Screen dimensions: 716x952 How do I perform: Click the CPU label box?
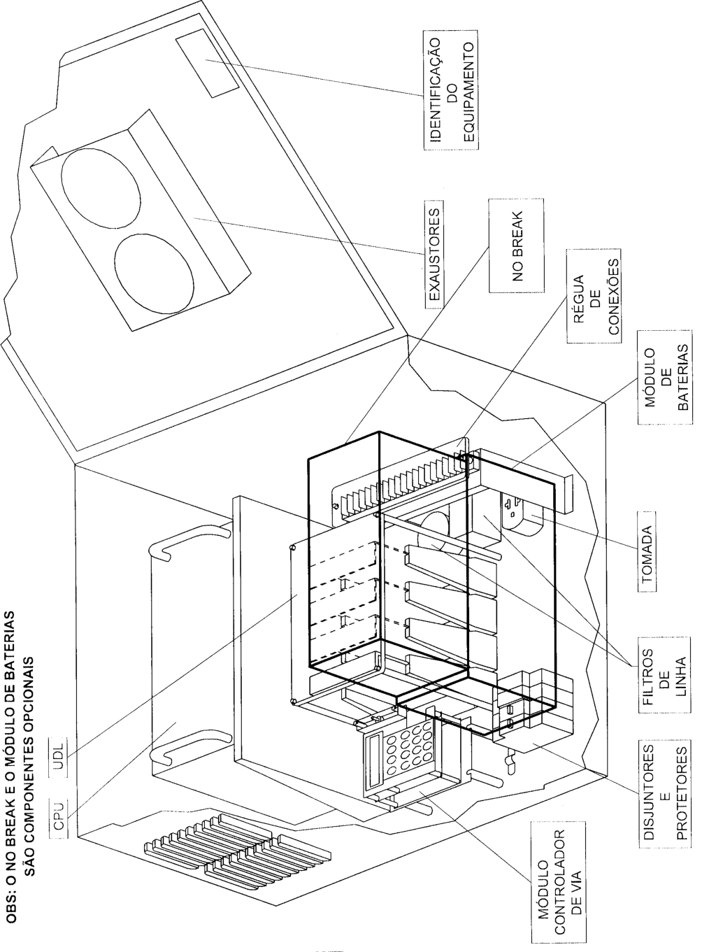click(59, 815)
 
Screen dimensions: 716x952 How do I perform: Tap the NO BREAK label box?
click(516, 246)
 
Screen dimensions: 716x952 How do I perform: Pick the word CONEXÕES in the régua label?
click(614, 297)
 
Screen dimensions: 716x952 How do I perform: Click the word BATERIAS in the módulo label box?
click(682, 377)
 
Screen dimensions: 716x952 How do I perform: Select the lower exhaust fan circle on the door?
click(155, 273)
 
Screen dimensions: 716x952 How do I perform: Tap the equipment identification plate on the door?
click(207, 64)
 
